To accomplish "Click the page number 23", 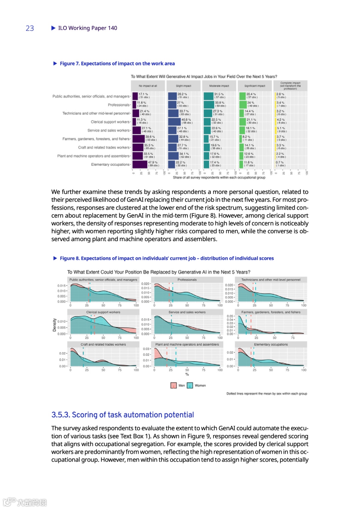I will click(30, 28).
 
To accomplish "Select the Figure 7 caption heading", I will click(117, 63).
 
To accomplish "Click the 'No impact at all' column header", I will click(148, 86).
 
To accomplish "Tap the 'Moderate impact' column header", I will click(219, 86).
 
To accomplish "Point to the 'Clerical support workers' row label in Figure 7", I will click(110, 122).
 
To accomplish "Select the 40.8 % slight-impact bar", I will click(174, 122).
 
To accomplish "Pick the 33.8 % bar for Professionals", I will click(209, 105).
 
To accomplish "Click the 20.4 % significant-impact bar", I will click(242, 96).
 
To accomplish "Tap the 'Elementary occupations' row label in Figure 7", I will click(110, 164).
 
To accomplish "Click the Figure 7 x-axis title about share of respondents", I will click(219, 177).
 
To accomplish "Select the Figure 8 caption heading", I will click(167, 258).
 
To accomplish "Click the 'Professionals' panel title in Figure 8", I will click(187, 280).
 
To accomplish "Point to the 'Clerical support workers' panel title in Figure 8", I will click(103, 312).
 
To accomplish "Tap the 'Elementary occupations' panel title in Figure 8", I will click(271, 345).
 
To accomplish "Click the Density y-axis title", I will click(54, 325).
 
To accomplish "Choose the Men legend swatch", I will click(174, 386).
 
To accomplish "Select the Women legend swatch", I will click(190, 386).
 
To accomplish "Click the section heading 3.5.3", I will click(122, 415).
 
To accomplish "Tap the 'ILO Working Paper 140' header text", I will click(87, 28).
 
